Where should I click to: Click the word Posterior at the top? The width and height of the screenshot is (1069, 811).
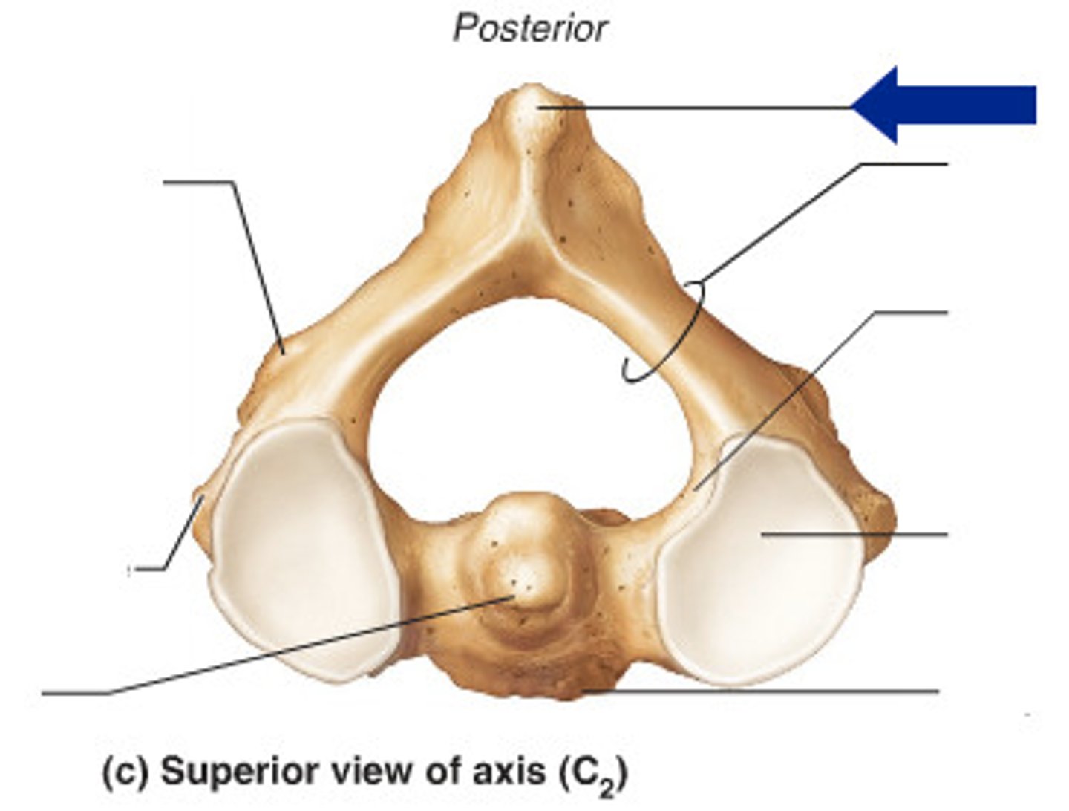click(530, 28)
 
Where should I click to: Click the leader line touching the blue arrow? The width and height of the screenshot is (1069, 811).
click(696, 108)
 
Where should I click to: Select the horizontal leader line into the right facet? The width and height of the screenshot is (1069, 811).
click(854, 534)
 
